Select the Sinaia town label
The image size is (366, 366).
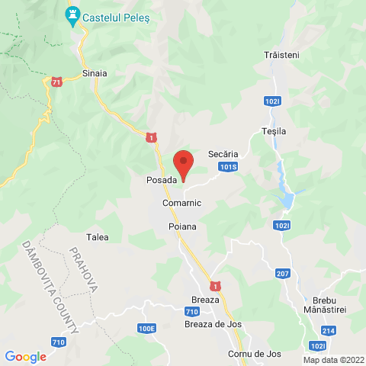coord(95,74)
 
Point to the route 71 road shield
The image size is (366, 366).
coord(56,81)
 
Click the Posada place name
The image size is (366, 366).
coord(161,180)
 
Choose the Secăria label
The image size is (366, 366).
coord(223,153)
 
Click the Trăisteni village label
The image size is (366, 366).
coord(283,56)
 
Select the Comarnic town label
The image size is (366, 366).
coord(181,204)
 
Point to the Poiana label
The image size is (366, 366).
coord(182,226)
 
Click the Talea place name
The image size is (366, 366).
coord(98,237)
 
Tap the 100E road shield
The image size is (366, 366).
coord(147,328)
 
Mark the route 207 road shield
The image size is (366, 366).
coord(283,274)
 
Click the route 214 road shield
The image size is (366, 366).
coord(329,330)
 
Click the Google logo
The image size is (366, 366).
coord(25,356)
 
